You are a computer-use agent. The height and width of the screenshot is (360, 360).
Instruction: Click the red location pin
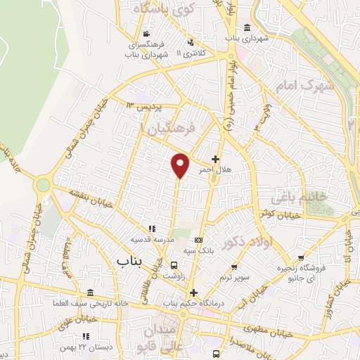[x=181, y=165]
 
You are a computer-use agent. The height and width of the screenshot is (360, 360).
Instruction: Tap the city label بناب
[x=129, y=262]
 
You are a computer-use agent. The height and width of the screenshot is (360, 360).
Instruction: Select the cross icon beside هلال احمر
[x=215, y=160]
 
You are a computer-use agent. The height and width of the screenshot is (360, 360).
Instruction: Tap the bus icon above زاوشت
[x=174, y=264]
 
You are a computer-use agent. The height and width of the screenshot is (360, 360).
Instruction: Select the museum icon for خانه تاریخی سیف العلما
[x=89, y=293]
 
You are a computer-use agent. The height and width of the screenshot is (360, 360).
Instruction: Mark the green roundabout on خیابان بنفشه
[x=43, y=184]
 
